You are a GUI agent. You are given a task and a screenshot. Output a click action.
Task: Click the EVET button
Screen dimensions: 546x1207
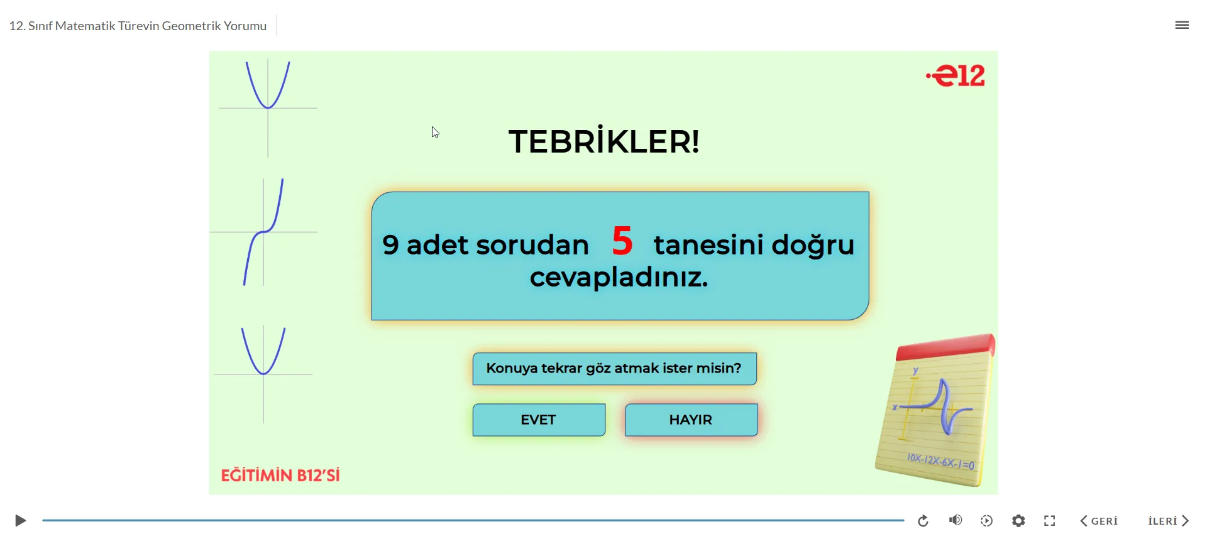click(x=539, y=420)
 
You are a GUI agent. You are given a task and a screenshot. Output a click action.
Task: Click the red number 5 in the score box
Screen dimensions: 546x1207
click(x=622, y=241)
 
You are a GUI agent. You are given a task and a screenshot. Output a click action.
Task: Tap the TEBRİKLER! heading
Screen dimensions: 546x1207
click(x=603, y=141)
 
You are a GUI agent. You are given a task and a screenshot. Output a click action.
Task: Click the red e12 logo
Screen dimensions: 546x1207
click(x=956, y=76)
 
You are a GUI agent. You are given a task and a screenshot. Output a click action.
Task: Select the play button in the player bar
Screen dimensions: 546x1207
click(x=20, y=521)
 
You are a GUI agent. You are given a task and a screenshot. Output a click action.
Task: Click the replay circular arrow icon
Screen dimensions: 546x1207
click(x=923, y=521)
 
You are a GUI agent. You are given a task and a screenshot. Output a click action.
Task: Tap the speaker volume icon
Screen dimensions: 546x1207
click(x=955, y=520)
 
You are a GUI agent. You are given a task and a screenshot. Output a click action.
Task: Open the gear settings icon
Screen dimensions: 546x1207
click(x=1018, y=521)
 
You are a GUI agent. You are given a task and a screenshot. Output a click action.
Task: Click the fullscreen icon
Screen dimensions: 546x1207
click(x=1049, y=521)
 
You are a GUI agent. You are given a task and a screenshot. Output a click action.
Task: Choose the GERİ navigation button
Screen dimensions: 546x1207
click(x=1099, y=521)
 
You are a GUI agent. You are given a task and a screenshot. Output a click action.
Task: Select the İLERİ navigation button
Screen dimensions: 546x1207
click(x=1168, y=521)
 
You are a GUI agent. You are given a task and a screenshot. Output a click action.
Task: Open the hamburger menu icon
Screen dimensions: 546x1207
click(x=1182, y=25)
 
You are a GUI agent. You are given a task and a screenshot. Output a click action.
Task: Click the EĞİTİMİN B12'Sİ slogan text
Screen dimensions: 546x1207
click(x=280, y=476)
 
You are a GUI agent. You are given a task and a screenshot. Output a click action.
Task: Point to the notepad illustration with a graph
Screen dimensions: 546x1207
click(x=935, y=412)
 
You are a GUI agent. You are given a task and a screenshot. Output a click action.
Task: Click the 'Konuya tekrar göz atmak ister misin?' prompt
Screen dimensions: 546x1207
click(x=614, y=368)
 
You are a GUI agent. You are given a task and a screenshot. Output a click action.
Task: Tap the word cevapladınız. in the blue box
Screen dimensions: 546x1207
click(x=619, y=278)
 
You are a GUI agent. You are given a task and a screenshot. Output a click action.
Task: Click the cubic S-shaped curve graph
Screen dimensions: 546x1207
click(x=264, y=232)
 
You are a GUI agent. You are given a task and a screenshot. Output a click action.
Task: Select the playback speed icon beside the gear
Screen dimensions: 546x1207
click(x=986, y=521)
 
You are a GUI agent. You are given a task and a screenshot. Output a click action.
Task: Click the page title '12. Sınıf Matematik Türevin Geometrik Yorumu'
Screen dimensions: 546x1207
click(x=138, y=26)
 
